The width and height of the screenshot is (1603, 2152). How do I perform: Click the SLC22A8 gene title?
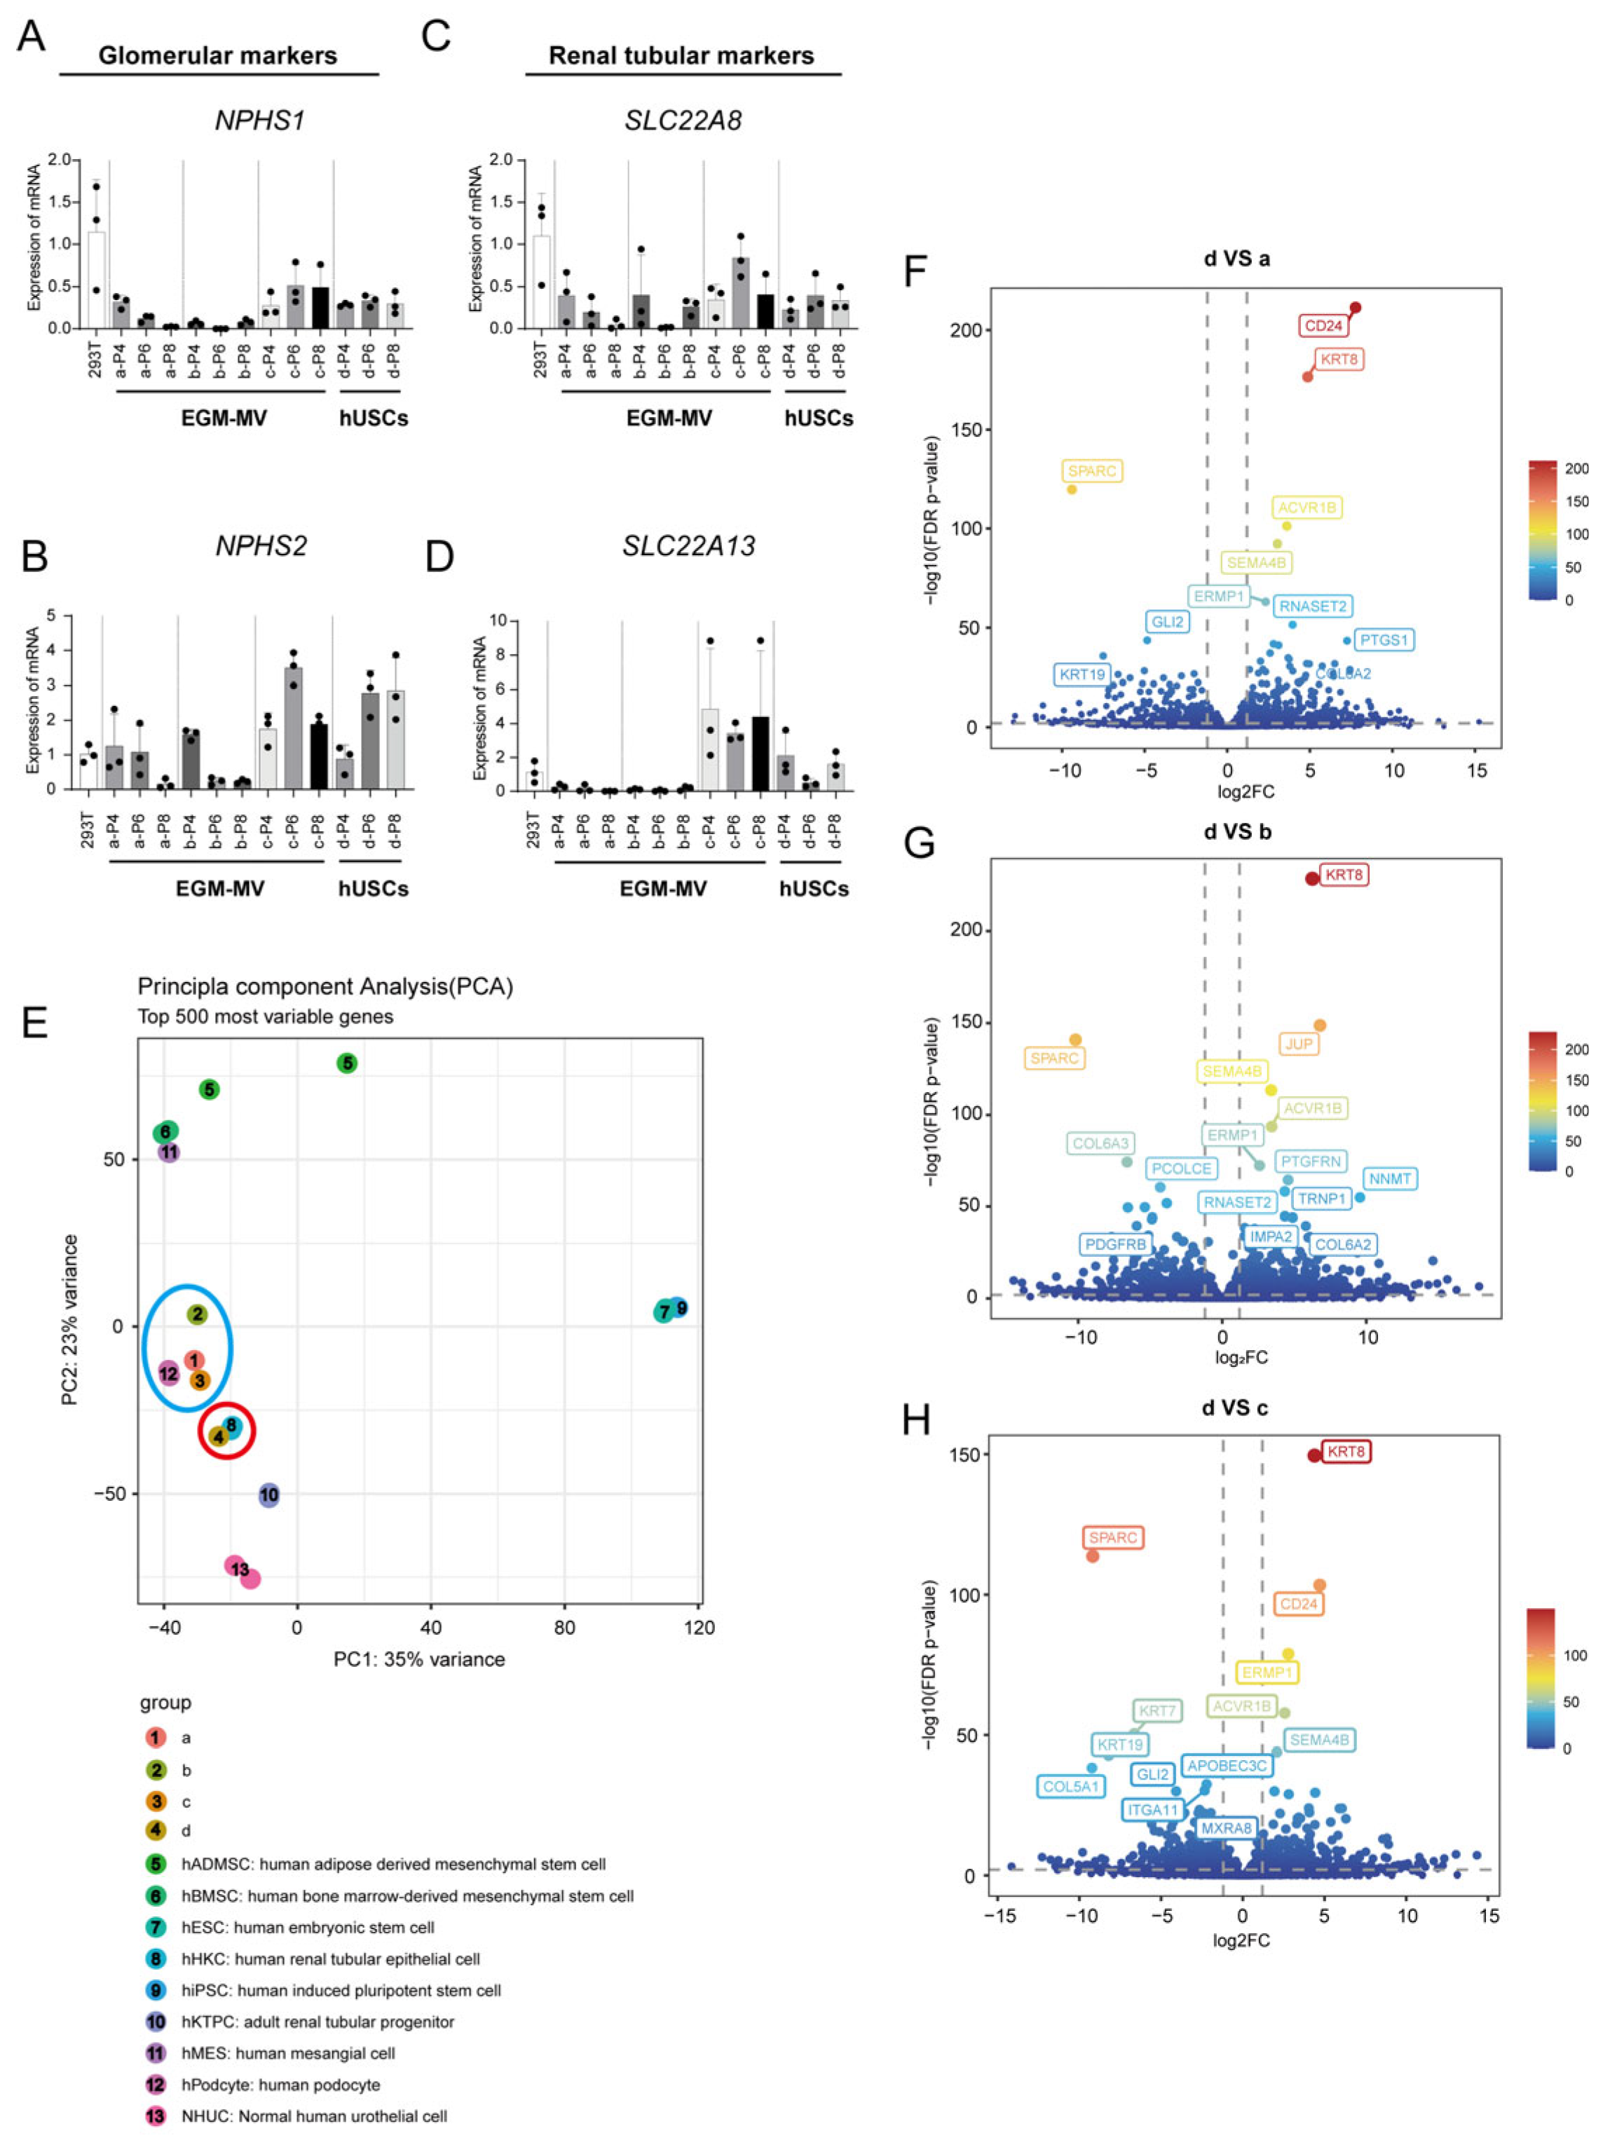coord(683,121)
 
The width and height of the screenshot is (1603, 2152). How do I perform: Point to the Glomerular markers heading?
coord(218,55)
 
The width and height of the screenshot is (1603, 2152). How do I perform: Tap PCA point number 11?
coord(169,1152)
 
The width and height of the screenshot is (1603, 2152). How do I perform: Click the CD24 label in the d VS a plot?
coord(1323,326)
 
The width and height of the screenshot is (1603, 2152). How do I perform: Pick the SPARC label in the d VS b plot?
coord(1055,1058)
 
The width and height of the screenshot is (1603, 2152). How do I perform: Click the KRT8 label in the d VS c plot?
coord(1346,1452)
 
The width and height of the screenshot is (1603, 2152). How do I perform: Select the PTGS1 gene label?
coord(1383,641)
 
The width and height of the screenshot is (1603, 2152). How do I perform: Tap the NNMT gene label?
coord(1391,1179)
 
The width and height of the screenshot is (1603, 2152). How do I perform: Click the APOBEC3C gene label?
coord(1227,1765)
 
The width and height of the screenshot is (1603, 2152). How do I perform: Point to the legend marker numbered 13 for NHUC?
coord(156,2116)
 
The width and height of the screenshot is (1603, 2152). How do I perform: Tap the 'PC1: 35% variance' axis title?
coord(419,1659)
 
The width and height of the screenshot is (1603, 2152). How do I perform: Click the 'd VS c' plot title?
coord(1234,1408)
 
